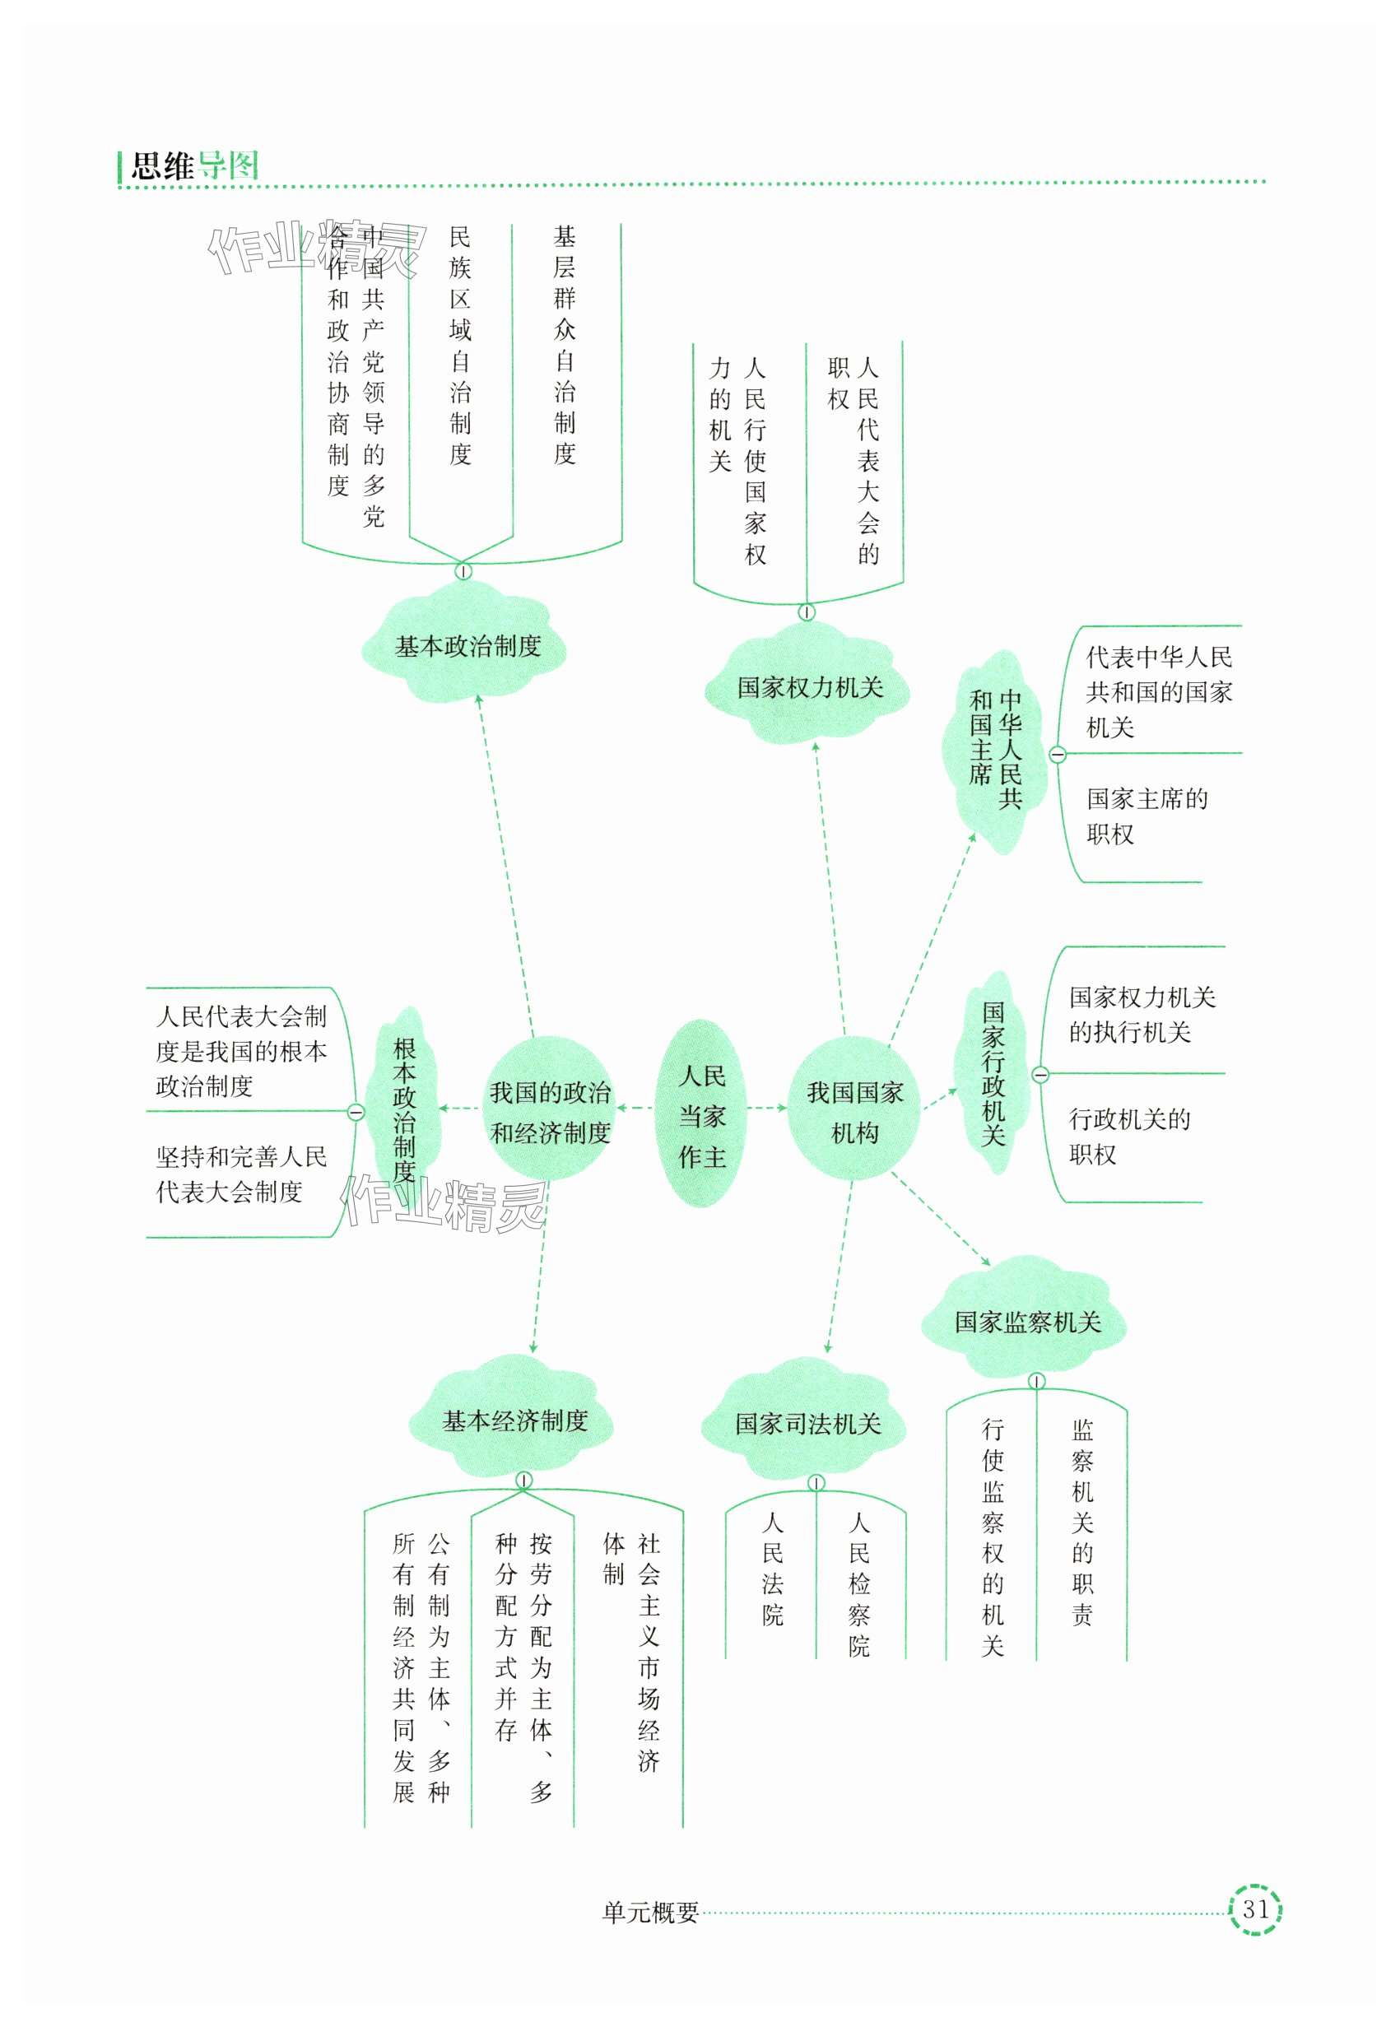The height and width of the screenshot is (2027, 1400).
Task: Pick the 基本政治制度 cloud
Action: (x=467, y=648)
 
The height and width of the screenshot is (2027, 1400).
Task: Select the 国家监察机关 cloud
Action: (x=1027, y=1322)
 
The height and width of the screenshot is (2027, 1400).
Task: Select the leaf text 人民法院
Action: (x=772, y=1569)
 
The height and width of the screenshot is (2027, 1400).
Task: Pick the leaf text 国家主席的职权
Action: (x=1147, y=816)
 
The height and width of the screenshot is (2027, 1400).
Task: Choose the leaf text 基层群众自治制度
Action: (x=564, y=345)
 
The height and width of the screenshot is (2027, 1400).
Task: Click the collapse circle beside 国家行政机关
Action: (x=1040, y=1075)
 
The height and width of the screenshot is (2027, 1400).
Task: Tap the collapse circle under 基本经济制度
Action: (x=523, y=1481)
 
